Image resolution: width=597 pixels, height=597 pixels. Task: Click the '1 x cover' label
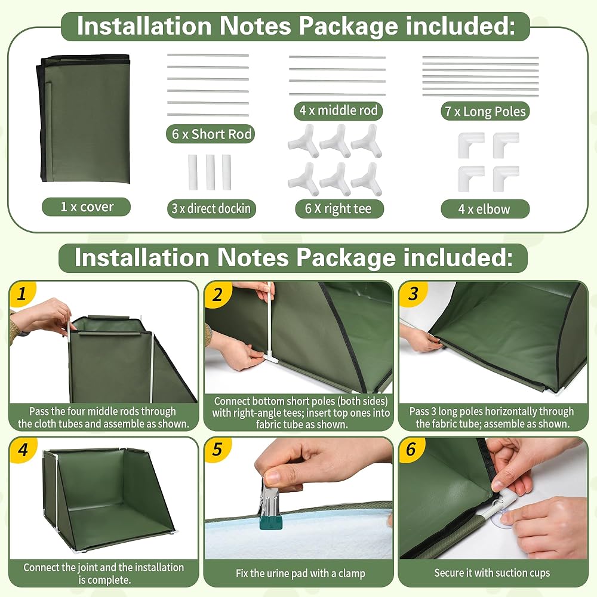[87, 207]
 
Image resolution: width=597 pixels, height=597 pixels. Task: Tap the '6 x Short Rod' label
[211, 134]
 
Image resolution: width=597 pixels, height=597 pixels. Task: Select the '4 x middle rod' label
[338, 110]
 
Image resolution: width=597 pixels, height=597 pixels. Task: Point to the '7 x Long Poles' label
[485, 111]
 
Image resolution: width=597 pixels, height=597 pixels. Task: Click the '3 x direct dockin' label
[211, 208]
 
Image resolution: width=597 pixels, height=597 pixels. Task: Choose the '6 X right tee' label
[339, 208]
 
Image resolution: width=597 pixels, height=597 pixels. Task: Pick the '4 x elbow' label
[485, 209]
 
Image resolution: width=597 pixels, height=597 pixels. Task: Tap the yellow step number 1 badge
[22, 294]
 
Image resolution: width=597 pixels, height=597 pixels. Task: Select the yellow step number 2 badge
[218, 294]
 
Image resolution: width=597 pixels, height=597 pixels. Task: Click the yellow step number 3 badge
[413, 294]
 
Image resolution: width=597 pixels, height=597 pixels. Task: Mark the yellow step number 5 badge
[218, 450]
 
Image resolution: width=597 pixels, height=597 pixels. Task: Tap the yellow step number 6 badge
[411, 450]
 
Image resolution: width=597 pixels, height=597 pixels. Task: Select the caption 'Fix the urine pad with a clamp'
[300, 573]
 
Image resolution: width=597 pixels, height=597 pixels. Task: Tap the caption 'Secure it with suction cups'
[492, 573]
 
